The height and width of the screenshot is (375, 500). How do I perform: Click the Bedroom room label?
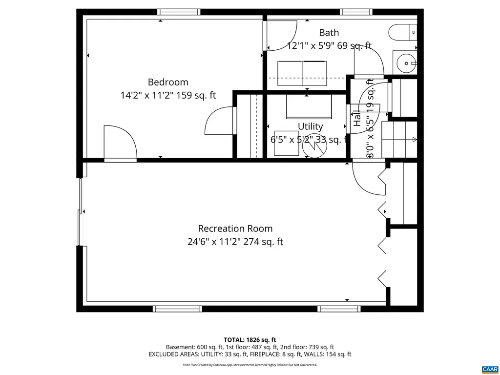[x=168, y=82]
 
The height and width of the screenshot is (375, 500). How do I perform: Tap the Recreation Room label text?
[x=235, y=229]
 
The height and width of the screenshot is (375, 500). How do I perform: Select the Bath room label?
[x=329, y=33]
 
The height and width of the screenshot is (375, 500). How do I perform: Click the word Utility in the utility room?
[x=311, y=126]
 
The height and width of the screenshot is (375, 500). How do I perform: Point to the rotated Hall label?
[x=357, y=118]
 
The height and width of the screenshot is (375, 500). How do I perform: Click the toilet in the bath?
[x=403, y=33]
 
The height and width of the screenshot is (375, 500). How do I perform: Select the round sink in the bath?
[x=405, y=62]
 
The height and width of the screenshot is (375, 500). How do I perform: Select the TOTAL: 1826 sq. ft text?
[x=250, y=340]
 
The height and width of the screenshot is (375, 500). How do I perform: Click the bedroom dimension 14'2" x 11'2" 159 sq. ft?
[x=168, y=96]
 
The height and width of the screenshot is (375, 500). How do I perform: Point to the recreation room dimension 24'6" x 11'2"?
[x=235, y=242]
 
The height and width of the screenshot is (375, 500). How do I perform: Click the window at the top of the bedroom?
[x=179, y=12]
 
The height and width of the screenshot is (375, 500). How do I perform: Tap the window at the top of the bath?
[x=356, y=12]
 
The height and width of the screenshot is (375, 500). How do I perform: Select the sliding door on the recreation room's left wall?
[x=80, y=211]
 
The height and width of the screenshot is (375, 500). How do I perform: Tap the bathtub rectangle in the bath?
[x=302, y=73]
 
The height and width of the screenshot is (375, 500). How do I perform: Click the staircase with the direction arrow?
[x=399, y=139]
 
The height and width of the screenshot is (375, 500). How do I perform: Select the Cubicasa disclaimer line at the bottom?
[x=250, y=365]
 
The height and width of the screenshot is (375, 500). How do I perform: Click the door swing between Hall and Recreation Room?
[x=368, y=178]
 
